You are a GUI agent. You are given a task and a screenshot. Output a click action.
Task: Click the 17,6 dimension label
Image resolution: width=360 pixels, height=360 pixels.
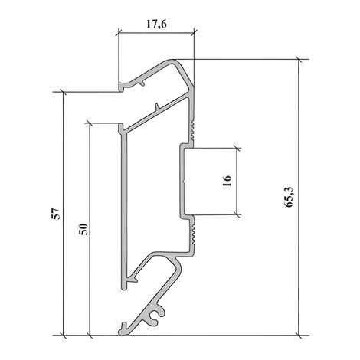pos(156,25)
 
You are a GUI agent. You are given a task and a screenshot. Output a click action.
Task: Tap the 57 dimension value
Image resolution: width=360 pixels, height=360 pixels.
pos(56,214)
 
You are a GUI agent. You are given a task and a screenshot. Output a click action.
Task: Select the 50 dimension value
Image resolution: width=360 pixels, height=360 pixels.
pos(83,229)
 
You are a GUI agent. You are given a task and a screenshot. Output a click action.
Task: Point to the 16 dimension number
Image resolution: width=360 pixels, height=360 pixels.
pos(227,181)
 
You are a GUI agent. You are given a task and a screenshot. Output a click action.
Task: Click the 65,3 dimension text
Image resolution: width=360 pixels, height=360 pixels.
pos(290,197)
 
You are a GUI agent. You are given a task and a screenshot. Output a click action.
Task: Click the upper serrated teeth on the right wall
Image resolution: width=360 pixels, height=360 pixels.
pos(193,130)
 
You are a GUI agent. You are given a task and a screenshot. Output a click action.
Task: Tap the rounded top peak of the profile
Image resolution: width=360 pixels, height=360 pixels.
pos(172,61)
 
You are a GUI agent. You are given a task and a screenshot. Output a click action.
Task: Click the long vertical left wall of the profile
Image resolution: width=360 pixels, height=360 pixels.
pos(124,207)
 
